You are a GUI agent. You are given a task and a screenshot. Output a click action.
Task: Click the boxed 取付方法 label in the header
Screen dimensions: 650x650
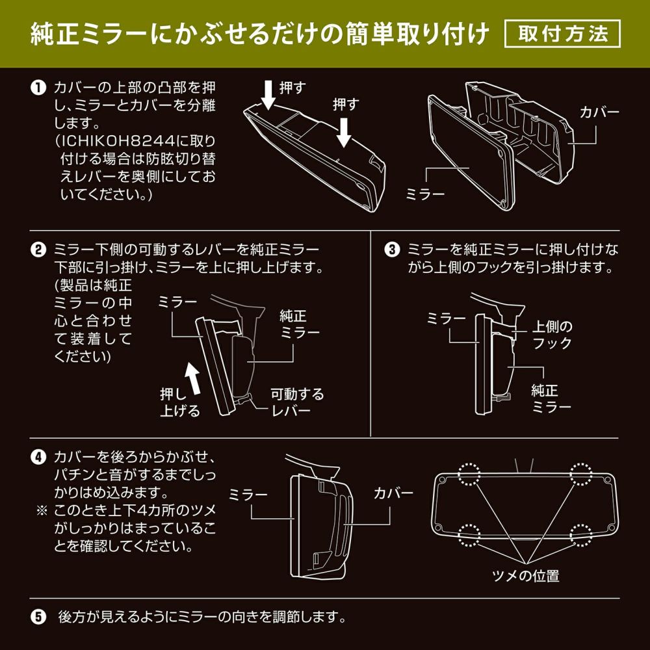click(563, 34)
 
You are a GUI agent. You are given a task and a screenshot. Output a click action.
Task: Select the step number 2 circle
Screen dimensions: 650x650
click(39, 250)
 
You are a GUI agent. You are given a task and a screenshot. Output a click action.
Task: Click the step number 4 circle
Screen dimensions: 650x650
click(39, 456)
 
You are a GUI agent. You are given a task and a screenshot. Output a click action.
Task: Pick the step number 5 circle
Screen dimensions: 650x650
click(39, 615)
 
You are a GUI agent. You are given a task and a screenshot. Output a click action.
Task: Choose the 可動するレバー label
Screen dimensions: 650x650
click(297, 402)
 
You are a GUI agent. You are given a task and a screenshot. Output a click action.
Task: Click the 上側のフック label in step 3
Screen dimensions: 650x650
click(552, 333)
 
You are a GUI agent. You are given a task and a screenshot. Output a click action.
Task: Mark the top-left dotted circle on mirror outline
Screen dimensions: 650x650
click(469, 474)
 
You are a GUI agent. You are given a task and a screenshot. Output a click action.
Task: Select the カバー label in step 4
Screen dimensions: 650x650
click(393, 493)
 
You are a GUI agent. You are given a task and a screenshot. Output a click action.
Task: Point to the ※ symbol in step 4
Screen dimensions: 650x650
click(41, 510)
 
